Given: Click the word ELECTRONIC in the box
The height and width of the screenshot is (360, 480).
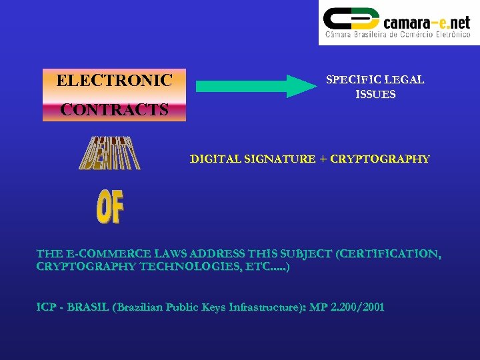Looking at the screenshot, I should (114, 81).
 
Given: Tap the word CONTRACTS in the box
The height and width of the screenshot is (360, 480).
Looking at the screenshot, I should (114, 110).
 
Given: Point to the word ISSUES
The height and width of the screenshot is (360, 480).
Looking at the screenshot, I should (375, 95).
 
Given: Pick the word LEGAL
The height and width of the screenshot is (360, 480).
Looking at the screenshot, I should (403, 79).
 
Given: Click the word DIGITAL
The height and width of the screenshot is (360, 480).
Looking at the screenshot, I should (215, 159).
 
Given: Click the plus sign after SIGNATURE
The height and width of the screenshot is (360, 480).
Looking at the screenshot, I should (323, 159).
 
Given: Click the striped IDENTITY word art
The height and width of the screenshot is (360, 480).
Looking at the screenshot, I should (109, 153).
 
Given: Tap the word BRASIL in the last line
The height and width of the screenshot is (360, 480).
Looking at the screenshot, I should (87, 307).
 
